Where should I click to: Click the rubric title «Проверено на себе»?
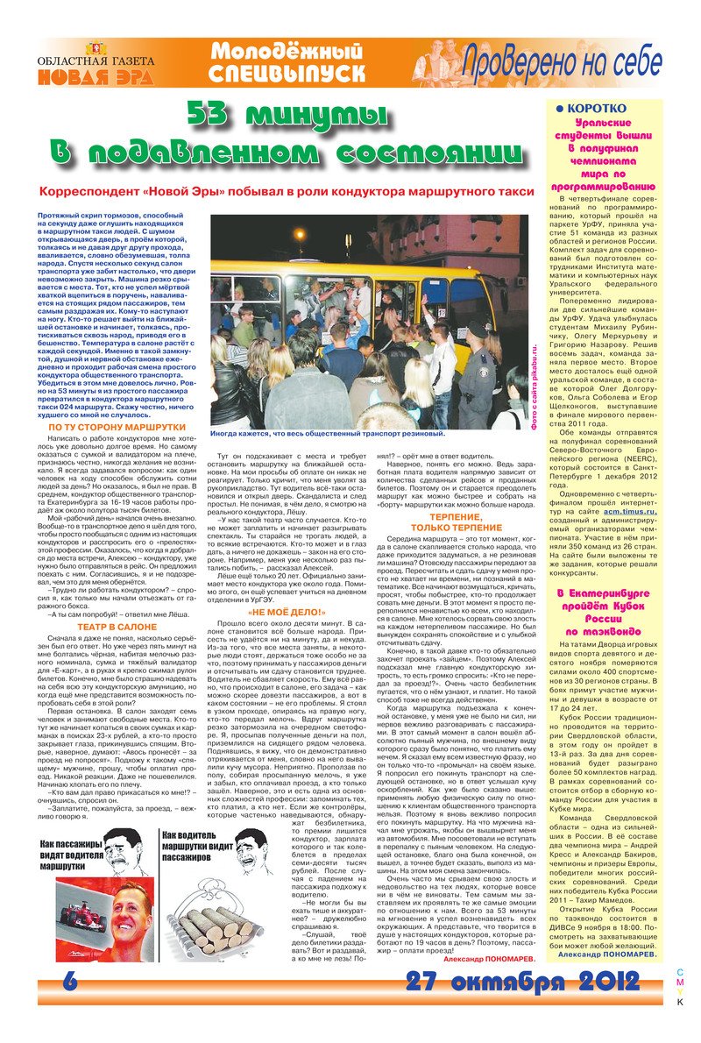click(x=562, y=62)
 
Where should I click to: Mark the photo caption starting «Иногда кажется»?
click(x=328, y=433)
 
